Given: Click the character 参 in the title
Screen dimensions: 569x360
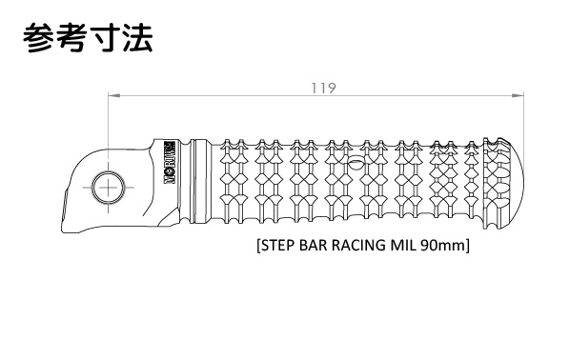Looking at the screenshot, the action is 39,38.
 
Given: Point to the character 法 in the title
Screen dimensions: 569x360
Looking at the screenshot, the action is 136,38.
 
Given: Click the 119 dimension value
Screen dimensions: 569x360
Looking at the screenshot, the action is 324,89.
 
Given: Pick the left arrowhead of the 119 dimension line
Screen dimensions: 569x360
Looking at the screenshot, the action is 114,95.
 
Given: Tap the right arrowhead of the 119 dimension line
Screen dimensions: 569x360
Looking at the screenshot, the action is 518,95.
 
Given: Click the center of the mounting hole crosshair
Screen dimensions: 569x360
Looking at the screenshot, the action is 108,188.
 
